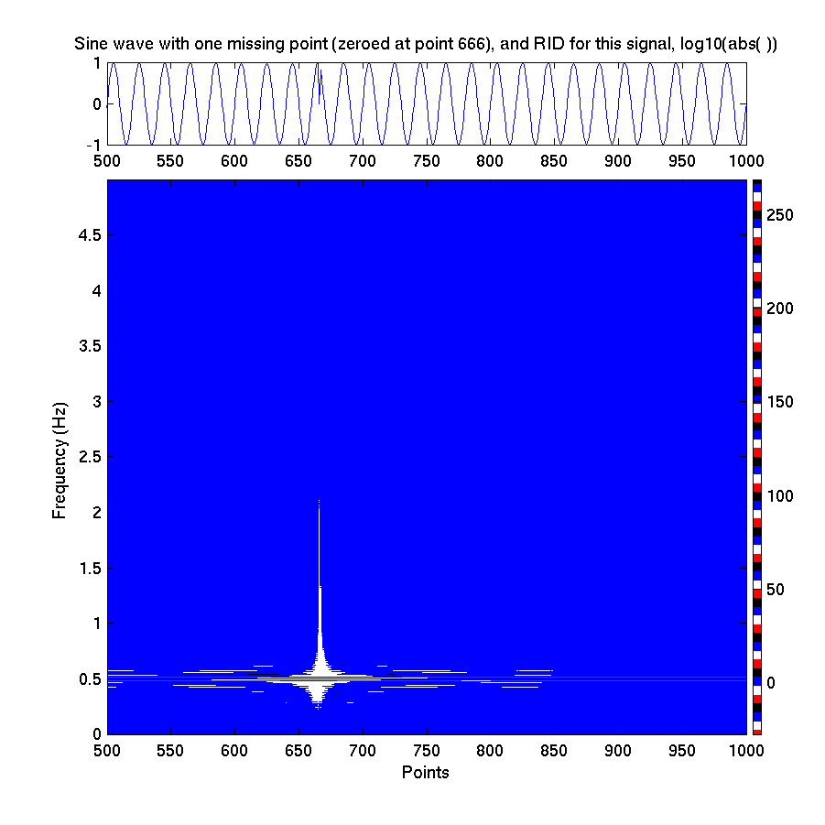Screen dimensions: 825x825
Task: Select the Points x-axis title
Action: [426, 773]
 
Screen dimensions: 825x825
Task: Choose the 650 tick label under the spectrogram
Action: [299, 750]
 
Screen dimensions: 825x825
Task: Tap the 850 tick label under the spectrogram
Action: [555, 750]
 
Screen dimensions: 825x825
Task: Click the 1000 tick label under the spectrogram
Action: [746, 750]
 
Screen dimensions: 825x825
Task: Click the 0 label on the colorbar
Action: [771, 683]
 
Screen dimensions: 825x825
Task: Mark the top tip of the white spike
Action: [319, 501]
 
